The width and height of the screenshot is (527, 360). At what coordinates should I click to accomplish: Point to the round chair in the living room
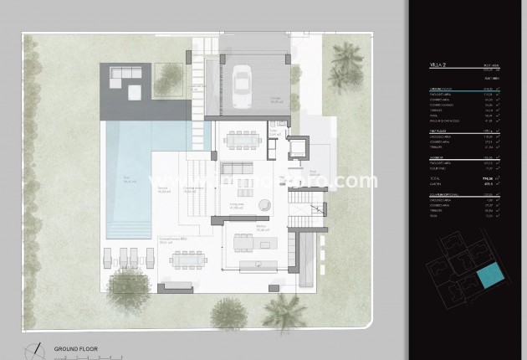(265, 203)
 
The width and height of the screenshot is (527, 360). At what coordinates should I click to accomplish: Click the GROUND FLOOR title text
(77, 347)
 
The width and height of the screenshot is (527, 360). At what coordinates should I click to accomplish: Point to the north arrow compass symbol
(35, 347)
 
